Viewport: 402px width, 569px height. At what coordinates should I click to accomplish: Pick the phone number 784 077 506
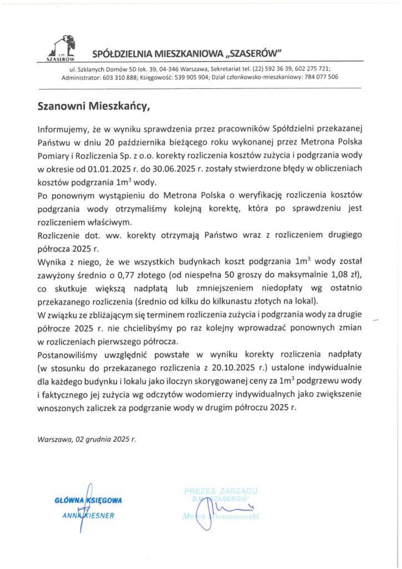pyautogui.click(x=321, y=77)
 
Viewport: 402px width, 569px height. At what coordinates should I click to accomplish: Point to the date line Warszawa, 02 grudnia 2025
pyautogui.click(x=86, y=439)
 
